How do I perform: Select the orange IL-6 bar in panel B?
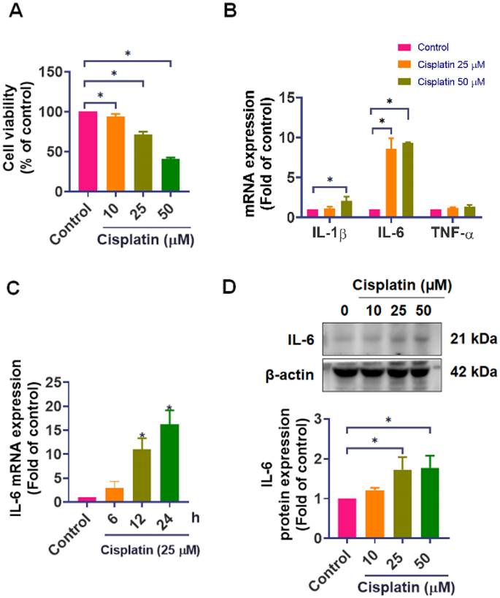tap(391, 183)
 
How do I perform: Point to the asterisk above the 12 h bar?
tap(142, 435)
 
